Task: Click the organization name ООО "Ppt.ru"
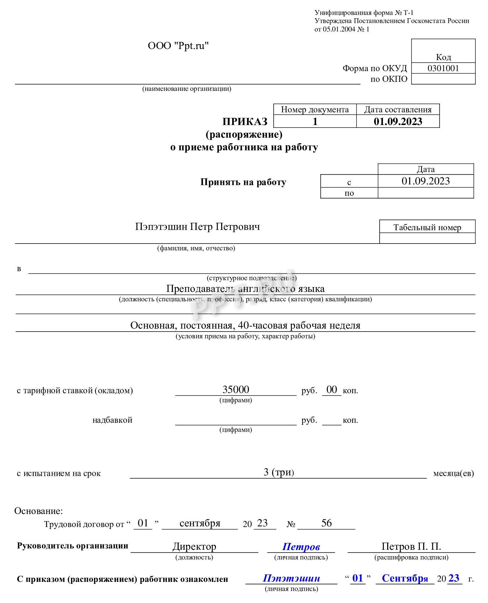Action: [x=178, y=46]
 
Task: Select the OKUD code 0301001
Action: [x=443, y=68]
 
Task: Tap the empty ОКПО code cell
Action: [x=443, y=79]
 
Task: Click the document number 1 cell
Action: [x=315, y=122]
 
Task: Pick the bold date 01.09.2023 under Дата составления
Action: [x=398, y=122]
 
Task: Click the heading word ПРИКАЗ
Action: [x=245, y=122]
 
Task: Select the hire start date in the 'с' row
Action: [x=425, y=181]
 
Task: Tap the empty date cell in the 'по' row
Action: [x=425, y=193]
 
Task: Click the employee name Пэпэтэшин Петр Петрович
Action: [x=197, y=227]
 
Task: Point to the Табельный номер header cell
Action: [x=427, y=227]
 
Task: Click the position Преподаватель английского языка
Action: [x=245, y=289]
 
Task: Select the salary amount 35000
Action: [x=236, y=389]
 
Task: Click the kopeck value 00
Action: [x=332, y=389]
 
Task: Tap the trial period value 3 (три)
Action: [x=279, y=472]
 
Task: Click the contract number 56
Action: [x=326, y=523]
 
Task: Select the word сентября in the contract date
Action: [x=200, y=523]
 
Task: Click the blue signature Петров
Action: [x=301, y=546]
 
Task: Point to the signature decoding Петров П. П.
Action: [x=411, y=546]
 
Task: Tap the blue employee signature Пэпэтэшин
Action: [x=291, y=578]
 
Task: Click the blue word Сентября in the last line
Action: [x=405, y=578]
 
